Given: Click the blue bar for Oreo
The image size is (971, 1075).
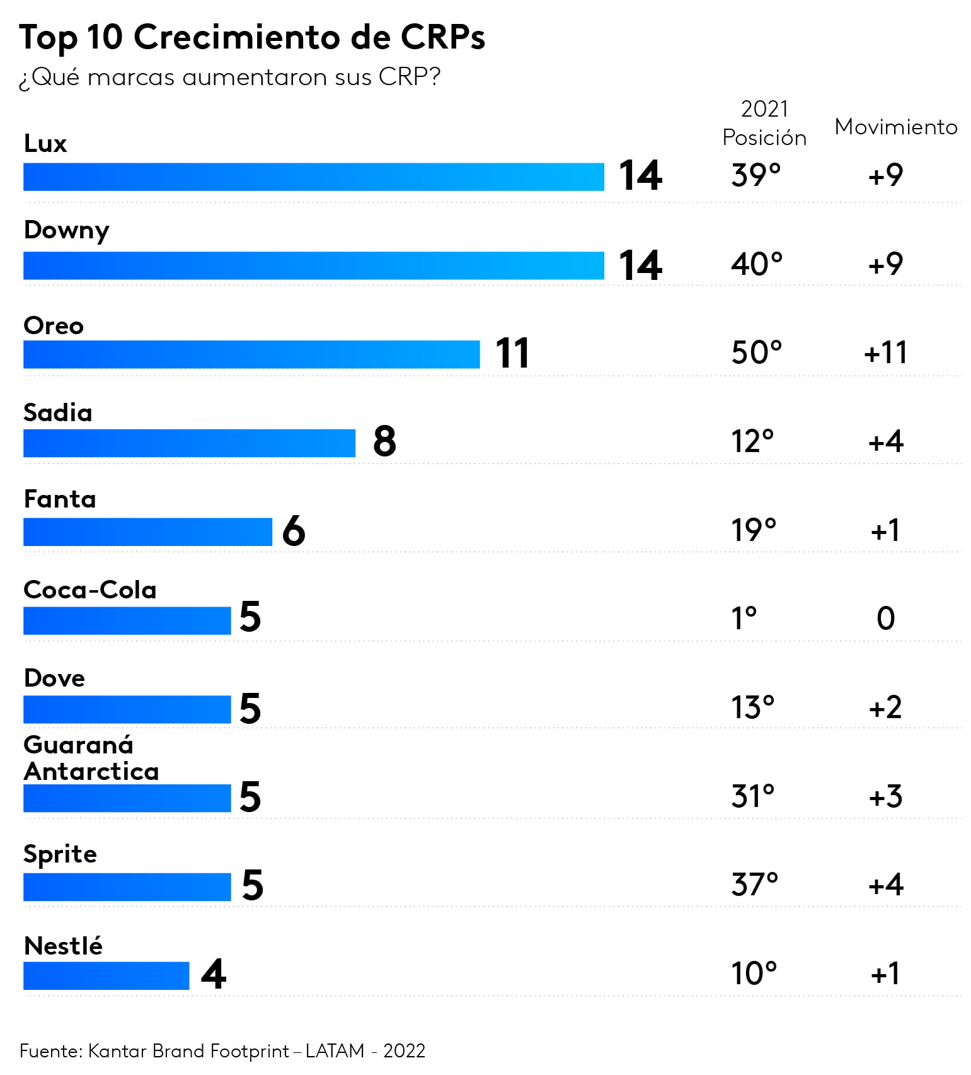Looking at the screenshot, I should [251, 354].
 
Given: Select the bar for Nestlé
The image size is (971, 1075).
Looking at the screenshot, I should [106, 975].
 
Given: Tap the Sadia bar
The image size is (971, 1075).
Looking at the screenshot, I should [189, 443].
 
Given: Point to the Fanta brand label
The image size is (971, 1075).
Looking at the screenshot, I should [60, 499].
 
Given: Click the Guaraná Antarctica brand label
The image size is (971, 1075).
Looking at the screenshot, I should [91, 758].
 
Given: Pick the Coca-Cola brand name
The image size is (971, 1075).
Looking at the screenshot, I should [90, 590].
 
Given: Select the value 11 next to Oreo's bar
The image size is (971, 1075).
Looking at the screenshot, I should [512, 353].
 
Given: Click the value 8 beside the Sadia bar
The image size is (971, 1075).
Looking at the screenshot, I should [384, 441].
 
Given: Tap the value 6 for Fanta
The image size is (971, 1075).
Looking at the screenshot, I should [294, 531].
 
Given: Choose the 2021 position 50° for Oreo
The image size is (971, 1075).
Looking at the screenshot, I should [756, 352].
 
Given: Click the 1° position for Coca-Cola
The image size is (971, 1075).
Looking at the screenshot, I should [744, 619].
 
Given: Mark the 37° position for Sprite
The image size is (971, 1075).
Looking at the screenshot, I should [754, 885].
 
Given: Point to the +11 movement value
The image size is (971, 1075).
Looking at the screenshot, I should [885, 352].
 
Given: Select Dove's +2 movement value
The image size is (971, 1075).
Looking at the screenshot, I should [885, 707].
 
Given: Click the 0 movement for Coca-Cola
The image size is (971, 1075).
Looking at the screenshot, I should [885, 619].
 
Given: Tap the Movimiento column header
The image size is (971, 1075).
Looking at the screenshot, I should [895, 127].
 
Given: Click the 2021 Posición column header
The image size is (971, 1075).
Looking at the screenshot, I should [764, 123].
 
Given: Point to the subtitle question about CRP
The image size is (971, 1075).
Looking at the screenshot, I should [229, 78].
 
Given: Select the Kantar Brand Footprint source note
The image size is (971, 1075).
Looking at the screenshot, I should [222, 1051].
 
